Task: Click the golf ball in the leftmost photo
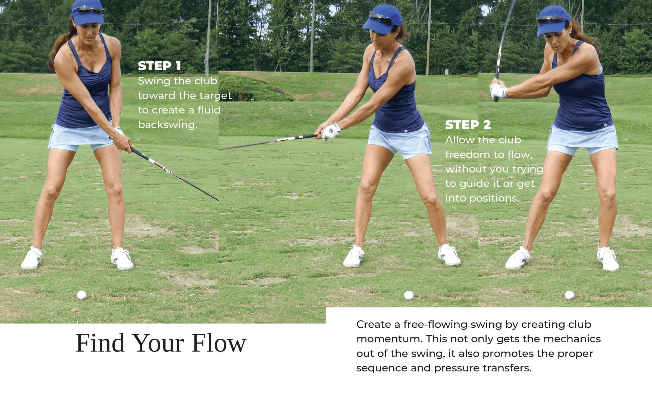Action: [x=81, y=295]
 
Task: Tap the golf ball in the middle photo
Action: [x=409, y=295]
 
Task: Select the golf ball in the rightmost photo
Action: [x=569, y=295]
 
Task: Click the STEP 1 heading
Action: [x=159, y=66]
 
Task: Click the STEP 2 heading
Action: [x=468, y=125]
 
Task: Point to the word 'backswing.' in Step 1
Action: [x=167, y=125]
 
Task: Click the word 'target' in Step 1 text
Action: [x=215, y=96]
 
